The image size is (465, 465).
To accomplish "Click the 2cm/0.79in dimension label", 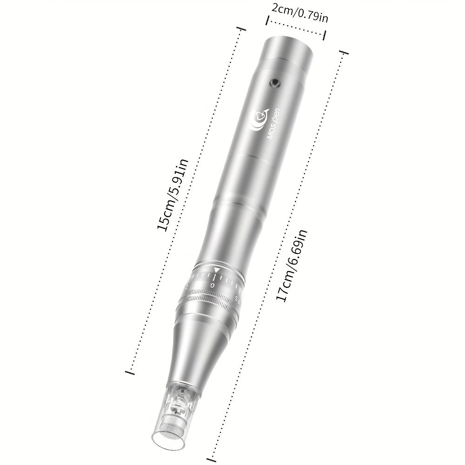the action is tap(300, 13).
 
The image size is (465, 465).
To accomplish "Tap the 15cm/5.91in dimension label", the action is tap(173, 194).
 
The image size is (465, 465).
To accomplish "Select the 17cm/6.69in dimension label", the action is tap(292, 266).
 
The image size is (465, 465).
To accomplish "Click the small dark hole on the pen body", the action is tap(275, 83).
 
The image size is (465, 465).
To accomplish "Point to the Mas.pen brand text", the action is tap(273, 125).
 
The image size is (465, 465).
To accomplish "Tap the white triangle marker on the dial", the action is tap(217, 270).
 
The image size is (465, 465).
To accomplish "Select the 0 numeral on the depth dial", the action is tap(213, 285).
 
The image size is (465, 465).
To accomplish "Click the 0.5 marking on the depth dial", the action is tap(237, 298).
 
